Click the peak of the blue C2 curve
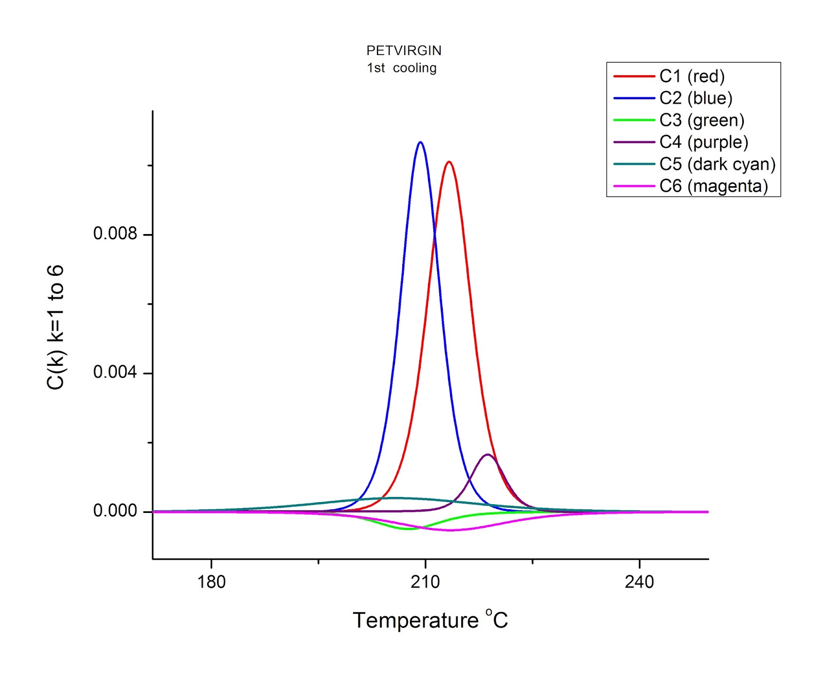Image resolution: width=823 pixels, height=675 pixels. click(420, 143)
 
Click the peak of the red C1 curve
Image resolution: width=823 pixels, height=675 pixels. click(449, 162)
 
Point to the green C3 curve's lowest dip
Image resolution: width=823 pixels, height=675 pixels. click(408, 529)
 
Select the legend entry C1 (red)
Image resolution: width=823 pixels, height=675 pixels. click(692, 76)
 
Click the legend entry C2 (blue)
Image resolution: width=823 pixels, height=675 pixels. click(695, 98)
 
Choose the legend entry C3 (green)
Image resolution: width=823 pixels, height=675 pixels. click(702, 120)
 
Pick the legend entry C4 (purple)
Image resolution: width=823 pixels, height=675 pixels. click(704, 142)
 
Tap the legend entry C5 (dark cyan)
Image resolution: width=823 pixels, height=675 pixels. click(717, 164)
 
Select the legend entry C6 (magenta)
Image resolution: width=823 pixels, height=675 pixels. click(713, 186)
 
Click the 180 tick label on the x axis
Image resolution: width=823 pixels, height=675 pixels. click(211, 582)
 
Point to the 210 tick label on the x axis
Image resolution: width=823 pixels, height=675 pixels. click(425, 582)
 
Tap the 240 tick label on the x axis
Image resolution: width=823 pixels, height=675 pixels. click(639, 582)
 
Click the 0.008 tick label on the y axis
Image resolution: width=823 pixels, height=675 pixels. click(115, 234)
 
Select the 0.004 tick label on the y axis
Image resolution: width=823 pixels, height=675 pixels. click(115, 372)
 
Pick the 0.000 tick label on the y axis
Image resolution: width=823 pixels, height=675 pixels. click(115, 511)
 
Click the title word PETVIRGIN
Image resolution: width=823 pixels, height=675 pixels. click(404, 50)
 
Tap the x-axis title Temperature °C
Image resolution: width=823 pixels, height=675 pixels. click(430, 620)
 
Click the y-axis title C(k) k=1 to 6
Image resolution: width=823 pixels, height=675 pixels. click(56, 328)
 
